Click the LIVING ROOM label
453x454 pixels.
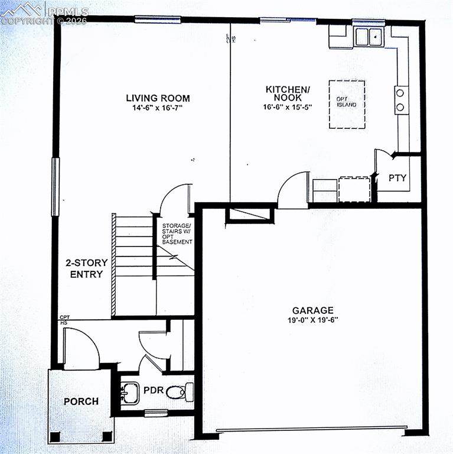click(x=158, y=98)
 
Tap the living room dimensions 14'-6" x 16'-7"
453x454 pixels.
click(x=158, y=108)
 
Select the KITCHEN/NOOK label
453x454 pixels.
click(x=287, y=93)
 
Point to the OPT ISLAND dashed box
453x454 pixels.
click(x=347, y=104)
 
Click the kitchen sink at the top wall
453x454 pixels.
click(x=369, y=37)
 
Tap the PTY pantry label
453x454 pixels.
click(x=397, y=177)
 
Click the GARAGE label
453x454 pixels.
click(x=312, y=310)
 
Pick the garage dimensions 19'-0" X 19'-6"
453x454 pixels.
click(x=312, y=320)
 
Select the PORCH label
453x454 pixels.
click(x=81, y=401)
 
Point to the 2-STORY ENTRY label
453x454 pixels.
click(x=86, y=268)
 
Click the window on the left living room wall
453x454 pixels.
click(x=56, y=187)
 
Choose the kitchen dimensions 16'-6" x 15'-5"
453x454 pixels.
click(x=287, y=108)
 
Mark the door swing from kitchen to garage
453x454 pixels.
click(x=294, y=190)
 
